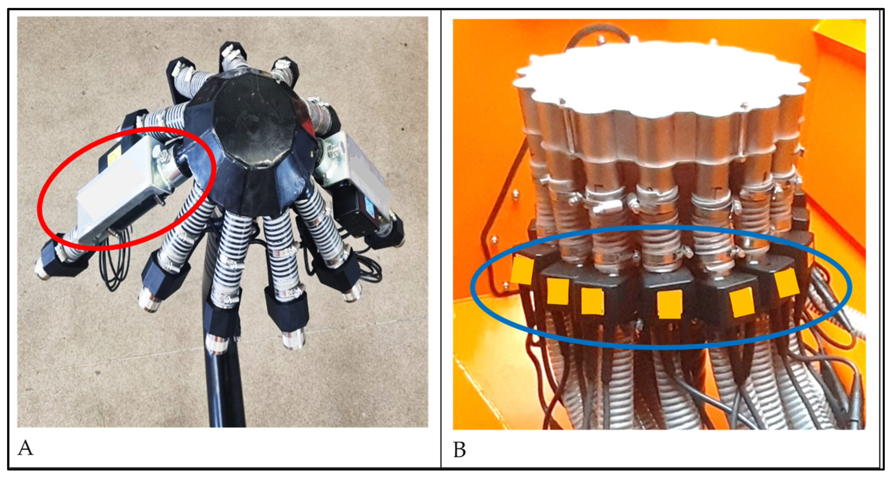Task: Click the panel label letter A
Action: pos(25,448)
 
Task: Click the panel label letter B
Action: pos(459,449)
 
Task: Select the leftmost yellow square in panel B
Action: pos(522,271)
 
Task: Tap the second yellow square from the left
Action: pos(558,291)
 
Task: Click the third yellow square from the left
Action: pos(592,301)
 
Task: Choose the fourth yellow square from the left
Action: pos(669,304)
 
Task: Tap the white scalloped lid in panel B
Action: pos(661,78)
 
